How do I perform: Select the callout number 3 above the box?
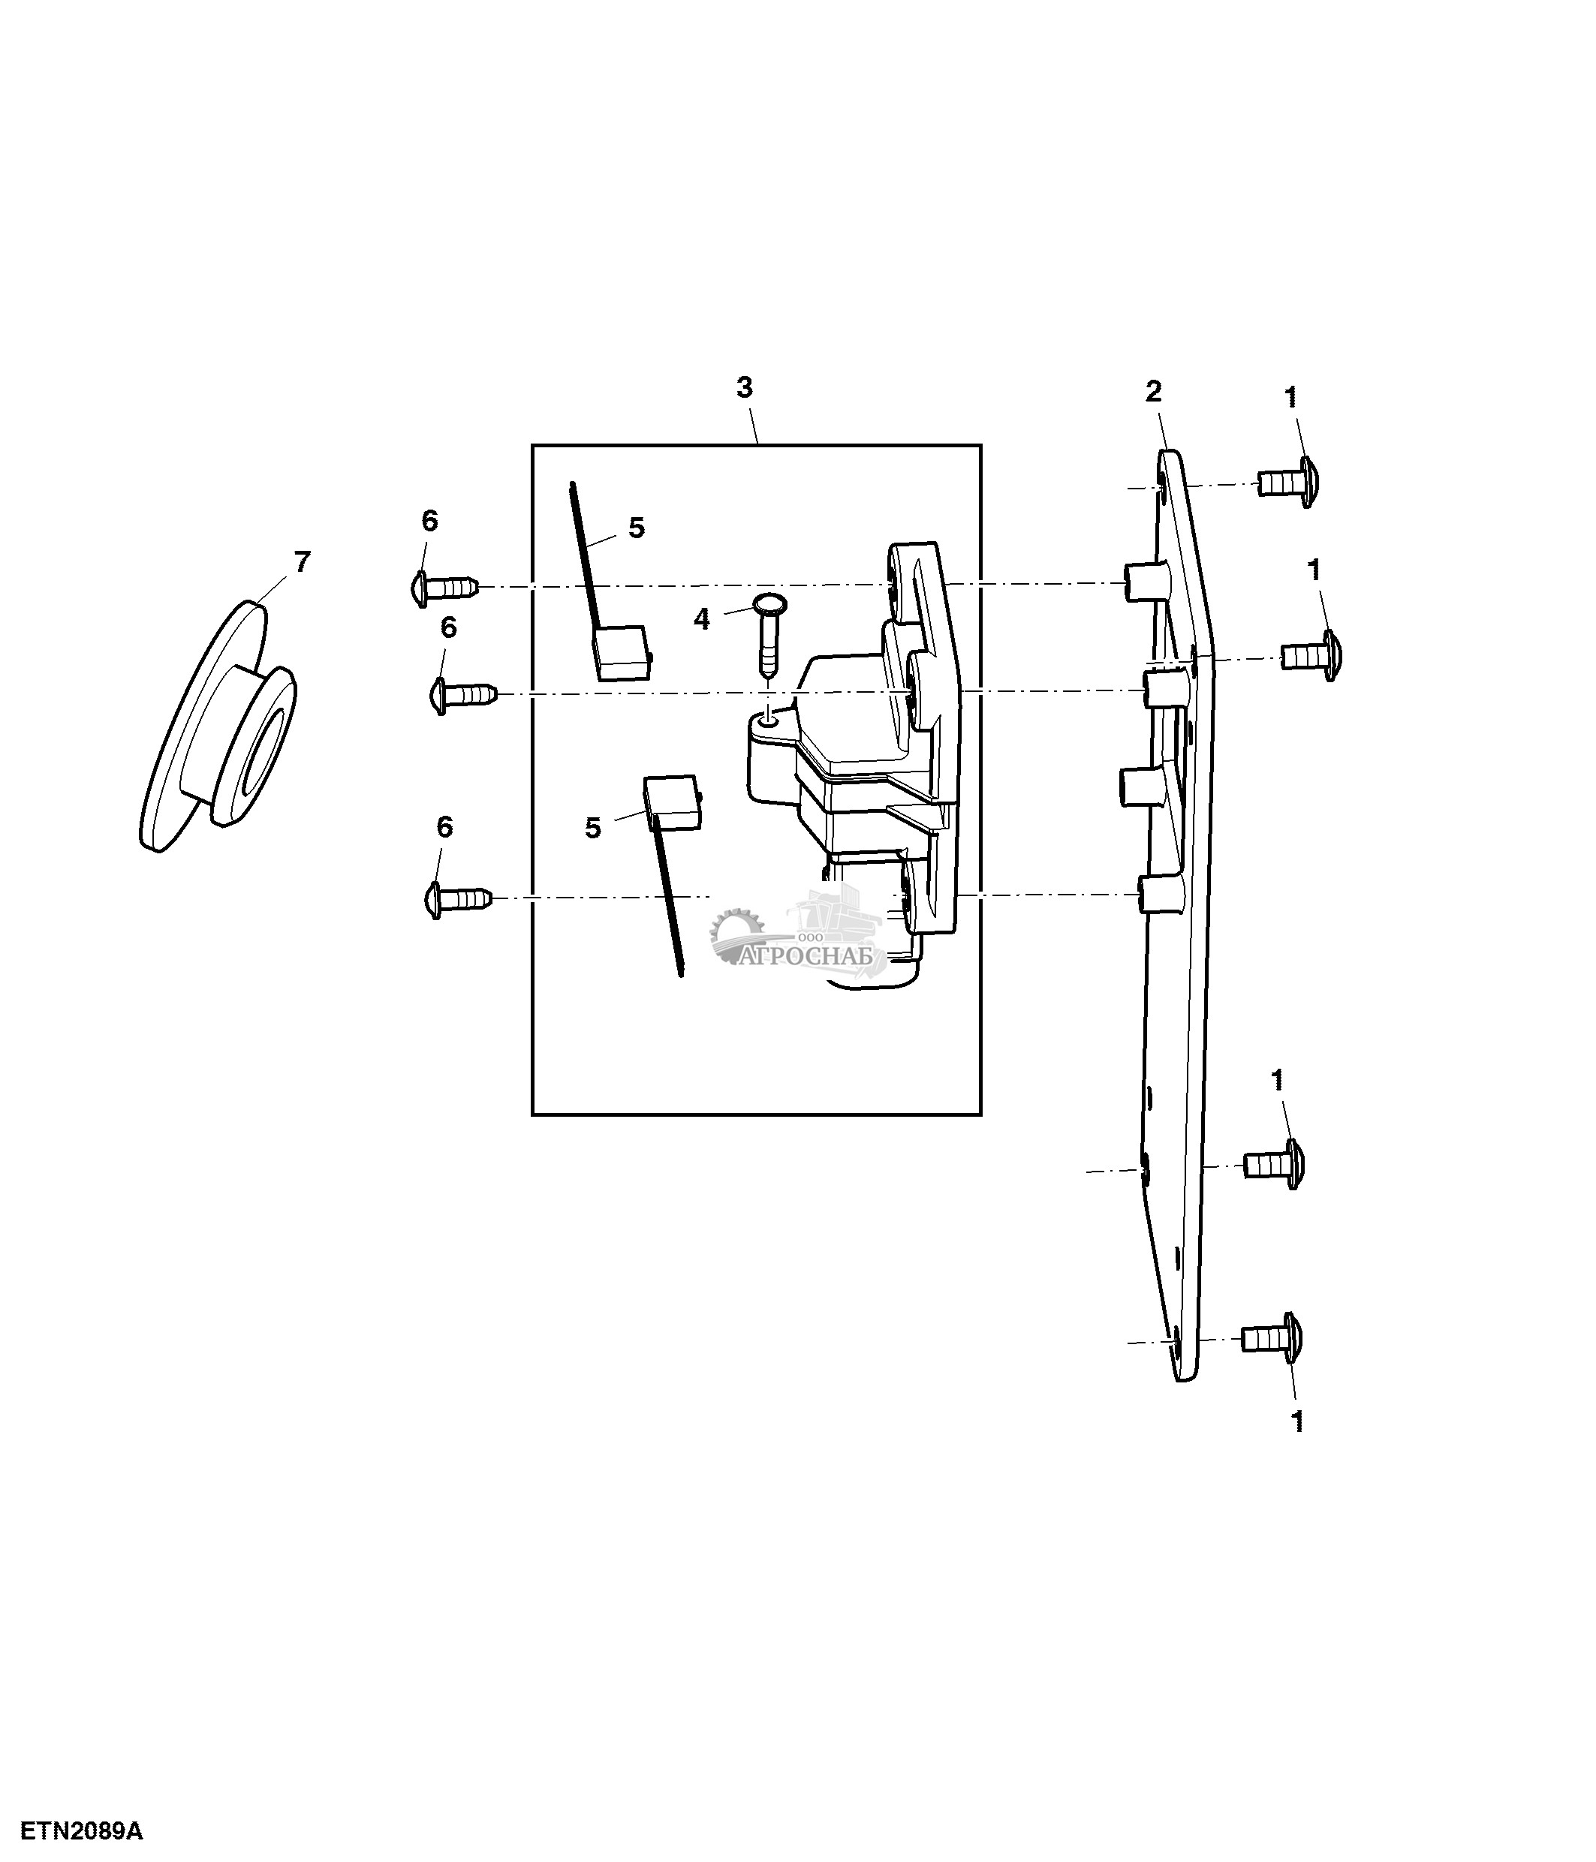tap(744, 388)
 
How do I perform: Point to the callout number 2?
tap(1153, 391)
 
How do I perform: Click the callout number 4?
tap(701, 619)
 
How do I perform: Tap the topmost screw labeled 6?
tap(443, 587)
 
